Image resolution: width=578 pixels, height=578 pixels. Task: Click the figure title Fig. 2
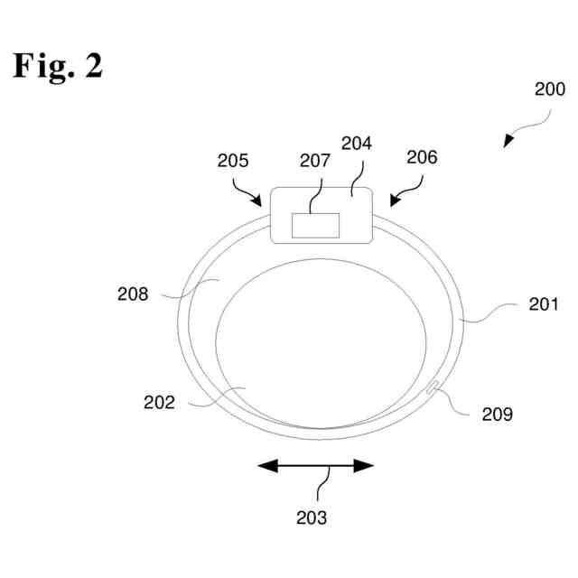pos(58,66)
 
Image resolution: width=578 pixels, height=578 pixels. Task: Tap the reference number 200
pos(549,89)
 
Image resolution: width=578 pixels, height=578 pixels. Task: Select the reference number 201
pos(544,304)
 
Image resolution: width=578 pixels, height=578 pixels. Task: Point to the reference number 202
pos(160,403)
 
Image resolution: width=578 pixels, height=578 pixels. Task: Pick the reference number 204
pos(357,144)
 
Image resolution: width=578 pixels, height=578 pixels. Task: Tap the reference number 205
pos(232,161)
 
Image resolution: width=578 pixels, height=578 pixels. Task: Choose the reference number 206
pos(421,157)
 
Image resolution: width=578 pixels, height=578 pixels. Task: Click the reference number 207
pos(315,161)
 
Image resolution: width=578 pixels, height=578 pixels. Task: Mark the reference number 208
pos(133,293)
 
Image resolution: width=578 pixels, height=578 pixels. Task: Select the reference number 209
pos(497,415)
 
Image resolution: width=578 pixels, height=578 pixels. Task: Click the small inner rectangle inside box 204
pos(315,226)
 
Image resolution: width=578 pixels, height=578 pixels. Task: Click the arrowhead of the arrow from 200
pos(508,142)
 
